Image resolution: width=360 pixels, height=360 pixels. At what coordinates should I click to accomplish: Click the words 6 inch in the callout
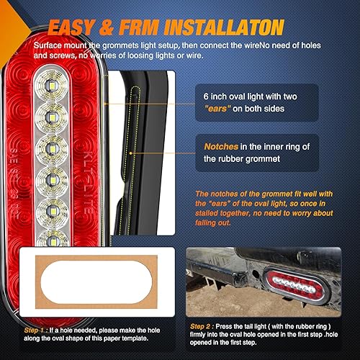tap(214, 96)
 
